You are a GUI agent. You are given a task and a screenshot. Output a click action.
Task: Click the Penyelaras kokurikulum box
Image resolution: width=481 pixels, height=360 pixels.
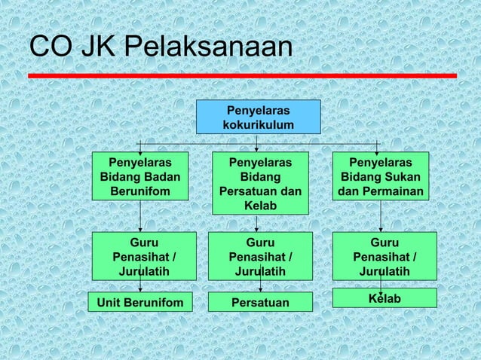[x=258, y=116]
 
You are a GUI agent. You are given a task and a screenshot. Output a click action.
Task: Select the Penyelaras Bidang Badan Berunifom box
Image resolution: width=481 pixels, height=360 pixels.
[x=139, y=177]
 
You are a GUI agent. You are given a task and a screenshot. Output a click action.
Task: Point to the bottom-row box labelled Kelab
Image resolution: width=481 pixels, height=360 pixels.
[x=384, y=298]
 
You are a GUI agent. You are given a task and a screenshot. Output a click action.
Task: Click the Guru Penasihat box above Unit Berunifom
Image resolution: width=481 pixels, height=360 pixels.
[x=139, y=256]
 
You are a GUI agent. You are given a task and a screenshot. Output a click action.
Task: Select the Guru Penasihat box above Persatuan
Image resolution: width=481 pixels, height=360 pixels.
[x=259, y=256]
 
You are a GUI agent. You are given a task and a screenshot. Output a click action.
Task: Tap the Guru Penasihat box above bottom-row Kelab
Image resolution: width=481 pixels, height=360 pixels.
[x=384, y=256]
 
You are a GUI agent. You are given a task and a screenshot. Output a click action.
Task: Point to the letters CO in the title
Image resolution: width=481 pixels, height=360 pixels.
[x=51, y=47]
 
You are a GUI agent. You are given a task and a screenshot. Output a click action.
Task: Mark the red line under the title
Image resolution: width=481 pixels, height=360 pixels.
[x=241, y=75]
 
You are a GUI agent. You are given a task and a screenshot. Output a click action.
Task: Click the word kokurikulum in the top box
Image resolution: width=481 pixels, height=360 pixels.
[x=258, y=124]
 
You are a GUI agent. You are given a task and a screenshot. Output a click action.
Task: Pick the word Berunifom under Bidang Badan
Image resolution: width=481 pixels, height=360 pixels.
[x=139, y=192]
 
